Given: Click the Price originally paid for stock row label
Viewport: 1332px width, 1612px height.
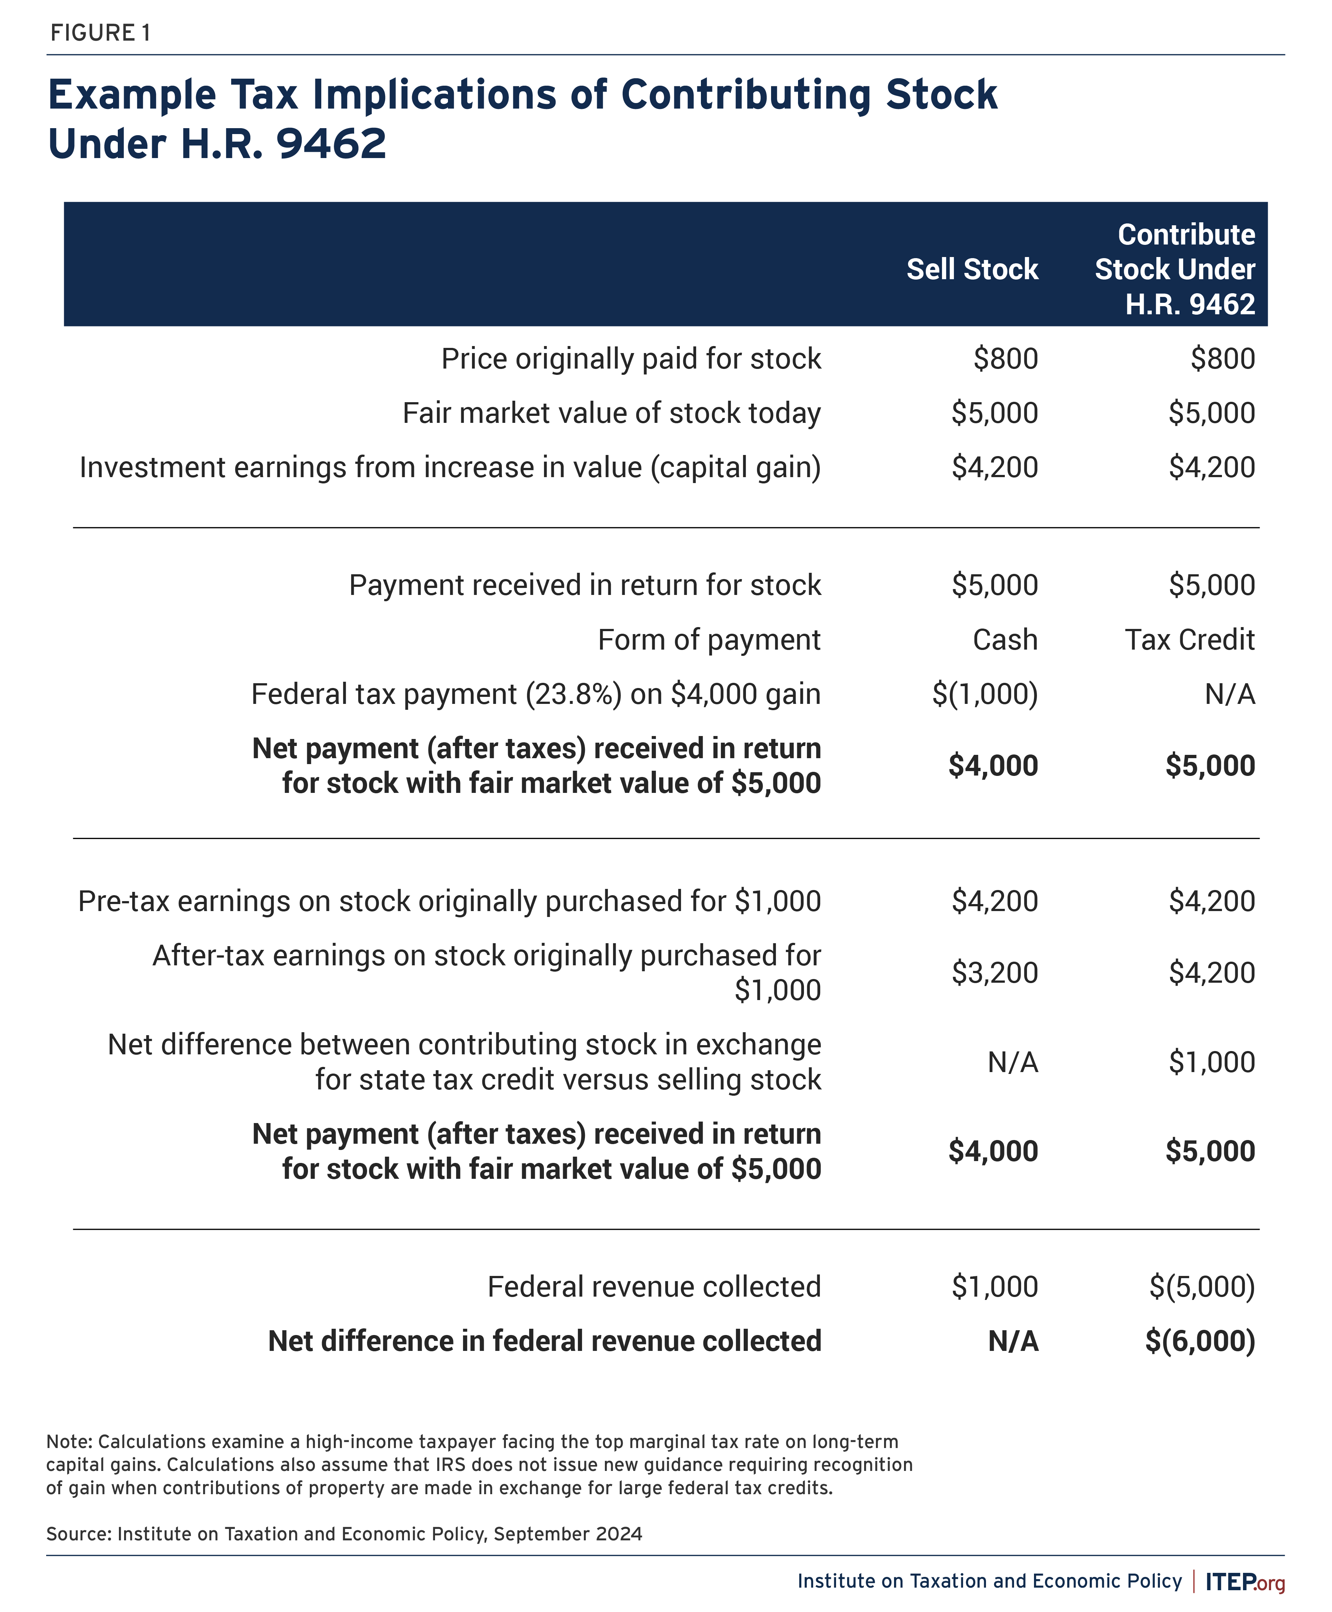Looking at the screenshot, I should click(631, 359).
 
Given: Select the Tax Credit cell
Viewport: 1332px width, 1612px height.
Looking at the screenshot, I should click(1189, 640).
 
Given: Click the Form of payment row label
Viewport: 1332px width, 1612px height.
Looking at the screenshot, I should click(709, 640).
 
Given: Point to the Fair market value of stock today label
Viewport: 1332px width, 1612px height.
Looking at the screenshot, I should click(612, 414).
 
